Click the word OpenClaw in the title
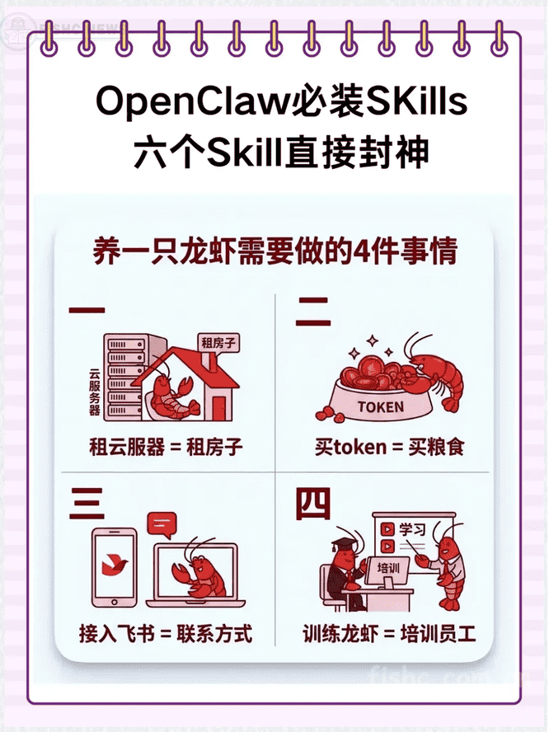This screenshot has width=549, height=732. [x=192, y=101]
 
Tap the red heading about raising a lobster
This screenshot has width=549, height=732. [x=274, y=251]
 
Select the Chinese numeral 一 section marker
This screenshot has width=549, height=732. [x=87, y=309]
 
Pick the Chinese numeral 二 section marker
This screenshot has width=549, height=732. [x=313, y=312]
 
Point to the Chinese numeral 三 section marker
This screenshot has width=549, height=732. [x=87, y=503]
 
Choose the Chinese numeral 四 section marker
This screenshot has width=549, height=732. [x=313, y=504]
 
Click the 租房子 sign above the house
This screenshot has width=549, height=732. [x=218, y=343]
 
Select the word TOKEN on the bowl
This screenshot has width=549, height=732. [x=381, y=407]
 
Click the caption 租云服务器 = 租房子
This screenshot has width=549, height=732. [x=166, y=447]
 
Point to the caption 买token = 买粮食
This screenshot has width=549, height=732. [x=389, y=447]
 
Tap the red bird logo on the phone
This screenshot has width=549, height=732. [x=115, y=565]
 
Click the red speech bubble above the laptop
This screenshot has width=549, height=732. [x=162, y=524]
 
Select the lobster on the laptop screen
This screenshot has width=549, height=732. [x=199, y=573]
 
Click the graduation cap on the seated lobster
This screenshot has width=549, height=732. [x=345, y=544]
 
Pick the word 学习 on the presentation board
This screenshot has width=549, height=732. [x=412, y=529]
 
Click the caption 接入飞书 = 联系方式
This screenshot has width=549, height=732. [x=166, y=634]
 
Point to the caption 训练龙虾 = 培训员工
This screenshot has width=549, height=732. [x=389, y=634]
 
